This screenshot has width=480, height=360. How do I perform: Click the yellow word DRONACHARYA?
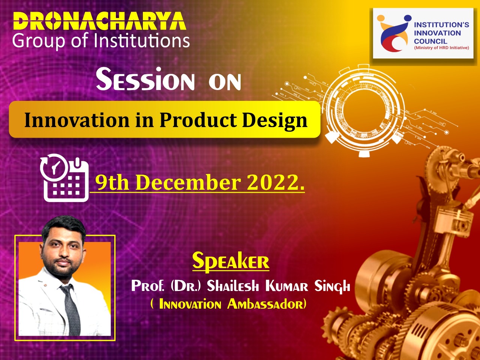99,21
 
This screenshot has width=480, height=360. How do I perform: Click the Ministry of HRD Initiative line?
441,48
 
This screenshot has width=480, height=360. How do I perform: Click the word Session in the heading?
145,79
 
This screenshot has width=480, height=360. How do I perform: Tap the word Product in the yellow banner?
198,120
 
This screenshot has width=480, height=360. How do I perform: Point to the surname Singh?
332,286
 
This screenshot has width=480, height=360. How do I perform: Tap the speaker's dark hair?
64,227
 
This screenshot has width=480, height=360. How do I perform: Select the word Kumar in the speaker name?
287,286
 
